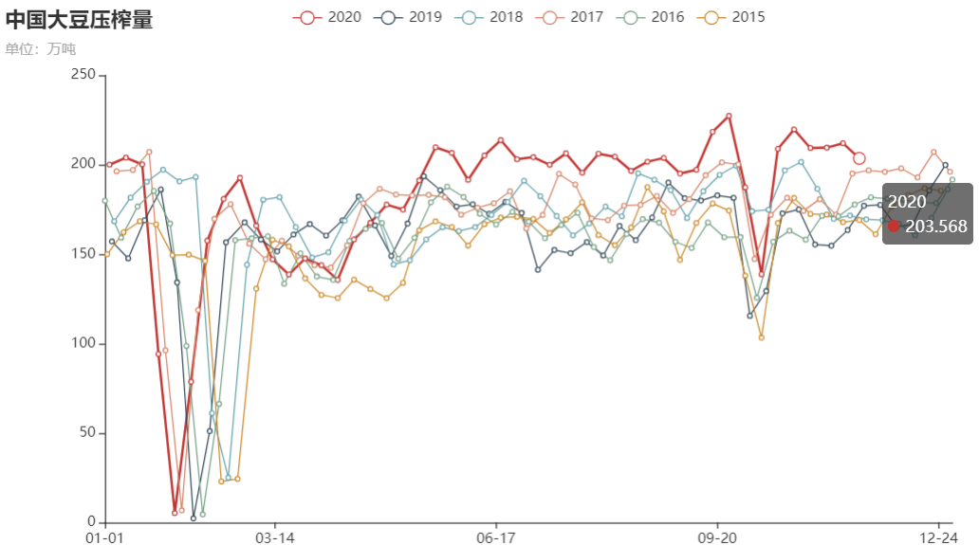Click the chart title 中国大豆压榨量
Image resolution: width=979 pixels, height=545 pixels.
coord(79,20)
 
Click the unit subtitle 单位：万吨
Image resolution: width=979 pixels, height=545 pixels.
coord(40,49)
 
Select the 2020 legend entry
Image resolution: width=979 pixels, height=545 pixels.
coord(327,17)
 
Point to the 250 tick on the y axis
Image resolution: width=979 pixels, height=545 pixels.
coord(84,75)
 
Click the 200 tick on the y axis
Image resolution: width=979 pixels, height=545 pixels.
coord(84,165)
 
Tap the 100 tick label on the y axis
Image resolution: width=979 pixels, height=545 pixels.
coord(84,344)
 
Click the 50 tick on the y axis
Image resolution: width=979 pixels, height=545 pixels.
coord(88,433)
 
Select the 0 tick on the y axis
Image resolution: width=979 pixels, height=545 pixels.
coord(92,522)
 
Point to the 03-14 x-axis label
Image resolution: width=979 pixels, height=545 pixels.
coord(275,536)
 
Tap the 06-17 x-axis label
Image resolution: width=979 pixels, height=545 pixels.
coord(496,536)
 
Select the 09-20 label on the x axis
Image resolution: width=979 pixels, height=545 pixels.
coord(717,536)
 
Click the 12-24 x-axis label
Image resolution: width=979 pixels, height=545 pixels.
coord(938,536)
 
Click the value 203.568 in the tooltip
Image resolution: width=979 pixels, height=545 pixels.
coord(936,226)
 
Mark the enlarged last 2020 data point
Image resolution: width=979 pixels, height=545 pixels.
coord(859,158)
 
